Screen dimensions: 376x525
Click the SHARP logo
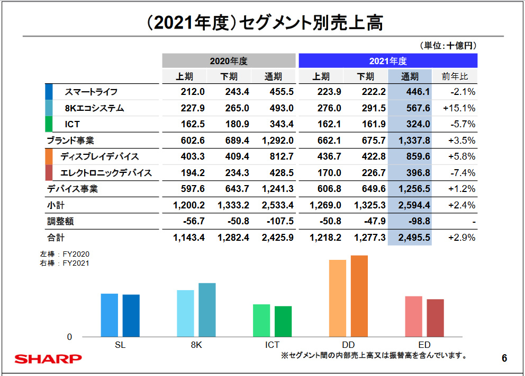pos(48,359)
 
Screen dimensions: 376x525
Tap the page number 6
pos(504,359)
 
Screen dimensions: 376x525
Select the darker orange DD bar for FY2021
pos(359,296)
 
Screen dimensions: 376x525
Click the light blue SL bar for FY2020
pos(110,315)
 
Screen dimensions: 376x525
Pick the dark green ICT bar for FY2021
pos(283,321)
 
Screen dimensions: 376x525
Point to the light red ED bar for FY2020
pos(414,316)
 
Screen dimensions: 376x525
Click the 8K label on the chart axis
pos(196,345)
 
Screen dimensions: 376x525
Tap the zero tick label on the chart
pos(69,337)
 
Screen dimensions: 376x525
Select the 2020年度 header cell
pos(229,61)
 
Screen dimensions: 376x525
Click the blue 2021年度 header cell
pos(388,61)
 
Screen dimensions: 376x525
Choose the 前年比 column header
pos(455,76)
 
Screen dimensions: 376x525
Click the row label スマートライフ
pos(91,92)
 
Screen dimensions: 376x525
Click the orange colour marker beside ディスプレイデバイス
pos(49,156)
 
